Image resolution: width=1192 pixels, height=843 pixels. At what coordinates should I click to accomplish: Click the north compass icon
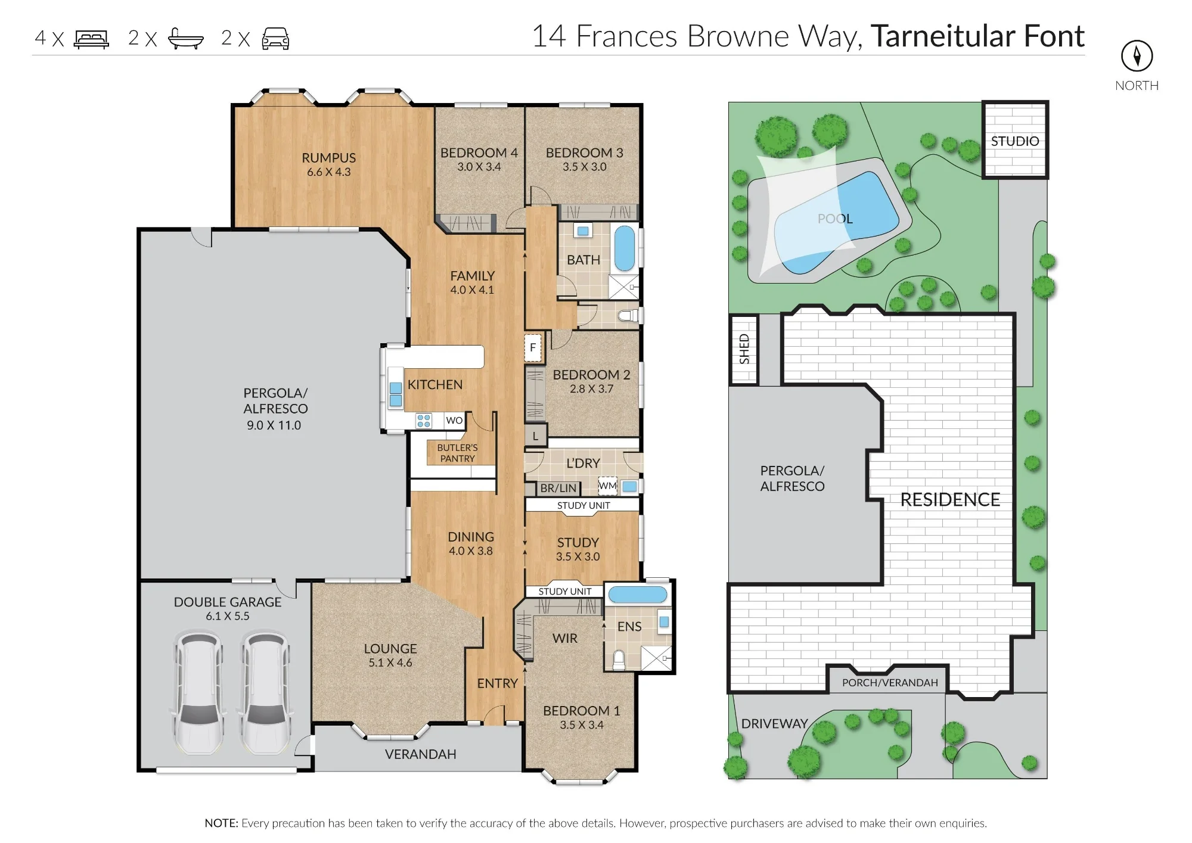tap(1137, 56)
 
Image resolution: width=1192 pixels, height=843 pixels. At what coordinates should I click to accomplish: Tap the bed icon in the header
tap(91, 39)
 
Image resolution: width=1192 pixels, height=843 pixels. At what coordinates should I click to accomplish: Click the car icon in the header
tap(276, 39)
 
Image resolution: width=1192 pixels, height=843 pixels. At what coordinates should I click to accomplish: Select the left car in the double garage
tap(199, 693)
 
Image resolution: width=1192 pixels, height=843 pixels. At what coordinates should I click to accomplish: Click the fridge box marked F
tap(533, 347)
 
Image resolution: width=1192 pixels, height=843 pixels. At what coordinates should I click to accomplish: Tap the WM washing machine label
tap(607, 486)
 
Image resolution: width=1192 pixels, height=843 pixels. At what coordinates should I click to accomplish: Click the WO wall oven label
tap(454, 421)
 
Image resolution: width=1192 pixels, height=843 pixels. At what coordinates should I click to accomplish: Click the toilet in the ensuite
tap(619, 659)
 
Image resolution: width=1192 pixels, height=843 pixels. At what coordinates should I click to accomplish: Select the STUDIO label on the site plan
tap(1014, 141)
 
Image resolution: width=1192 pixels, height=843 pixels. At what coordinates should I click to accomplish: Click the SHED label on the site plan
tap(744, 349)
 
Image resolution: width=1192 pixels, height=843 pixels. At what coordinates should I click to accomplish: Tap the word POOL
tap(835, 219)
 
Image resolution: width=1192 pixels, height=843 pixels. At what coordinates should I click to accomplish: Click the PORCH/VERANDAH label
tap(890, 683)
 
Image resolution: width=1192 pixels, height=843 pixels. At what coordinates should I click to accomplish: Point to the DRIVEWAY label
tap(774, 724)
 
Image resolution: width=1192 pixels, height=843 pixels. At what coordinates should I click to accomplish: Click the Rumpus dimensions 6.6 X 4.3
tap(329, 172)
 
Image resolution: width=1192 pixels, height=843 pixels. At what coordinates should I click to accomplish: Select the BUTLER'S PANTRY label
tap(457, 453)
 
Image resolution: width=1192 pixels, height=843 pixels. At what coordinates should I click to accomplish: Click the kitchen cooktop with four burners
tap(424, 421)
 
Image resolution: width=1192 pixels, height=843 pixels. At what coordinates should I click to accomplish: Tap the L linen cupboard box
tap(536, 436)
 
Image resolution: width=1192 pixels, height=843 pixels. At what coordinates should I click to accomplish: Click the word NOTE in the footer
tap(221, 823)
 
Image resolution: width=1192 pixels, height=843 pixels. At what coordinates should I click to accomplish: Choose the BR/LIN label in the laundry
tap(558, 489)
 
